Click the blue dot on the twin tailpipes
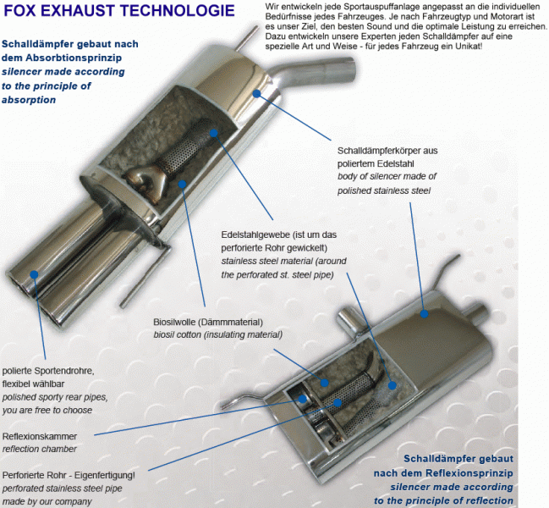point(34,274)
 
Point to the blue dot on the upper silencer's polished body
point(256,93)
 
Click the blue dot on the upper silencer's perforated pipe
point(214,133)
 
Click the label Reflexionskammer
point(40,437)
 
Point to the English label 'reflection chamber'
point(40,449)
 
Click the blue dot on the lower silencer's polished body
point(425,314)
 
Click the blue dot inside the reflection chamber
point(303,399)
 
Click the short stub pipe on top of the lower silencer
point(347,319)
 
